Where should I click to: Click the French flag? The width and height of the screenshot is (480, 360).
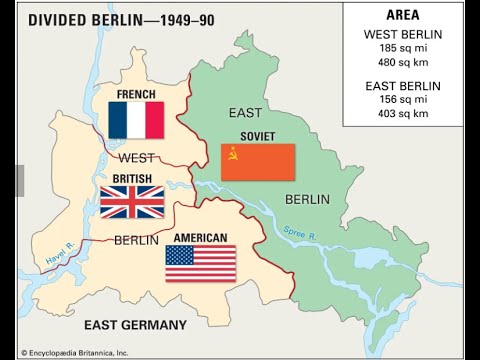point(137,120)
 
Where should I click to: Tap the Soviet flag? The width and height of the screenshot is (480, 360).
point(258,162)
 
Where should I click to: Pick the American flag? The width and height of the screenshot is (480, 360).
point(200,263)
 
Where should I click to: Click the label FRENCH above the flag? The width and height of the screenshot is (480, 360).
point(136,95)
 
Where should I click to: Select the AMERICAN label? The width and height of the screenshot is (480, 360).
point(200,238)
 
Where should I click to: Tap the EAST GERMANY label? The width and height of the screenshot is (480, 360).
point(134,325)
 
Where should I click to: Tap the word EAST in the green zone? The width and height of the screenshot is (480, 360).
point(245,112)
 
